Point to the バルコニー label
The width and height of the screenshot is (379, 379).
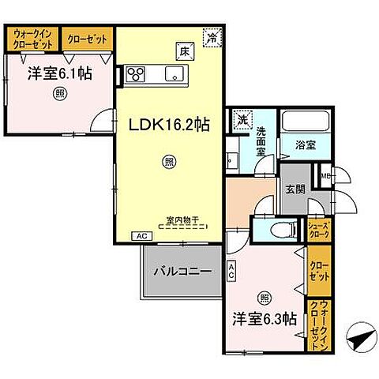pyautogui.click(x=182, y=271)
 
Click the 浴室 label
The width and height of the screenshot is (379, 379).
pyautogui.click(x=306, y=146)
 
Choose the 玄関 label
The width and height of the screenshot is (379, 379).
pyautogui.click(x=295, y=189)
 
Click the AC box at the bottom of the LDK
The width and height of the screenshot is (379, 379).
pyautogui.click(x=141, y=235)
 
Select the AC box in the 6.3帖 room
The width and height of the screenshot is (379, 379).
pyautogui.click(x=231, y=272)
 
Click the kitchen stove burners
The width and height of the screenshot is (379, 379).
pyautogui.click(x=135, y=76)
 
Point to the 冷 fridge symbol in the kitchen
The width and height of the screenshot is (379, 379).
pyautogui.click(x=211, y=36)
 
